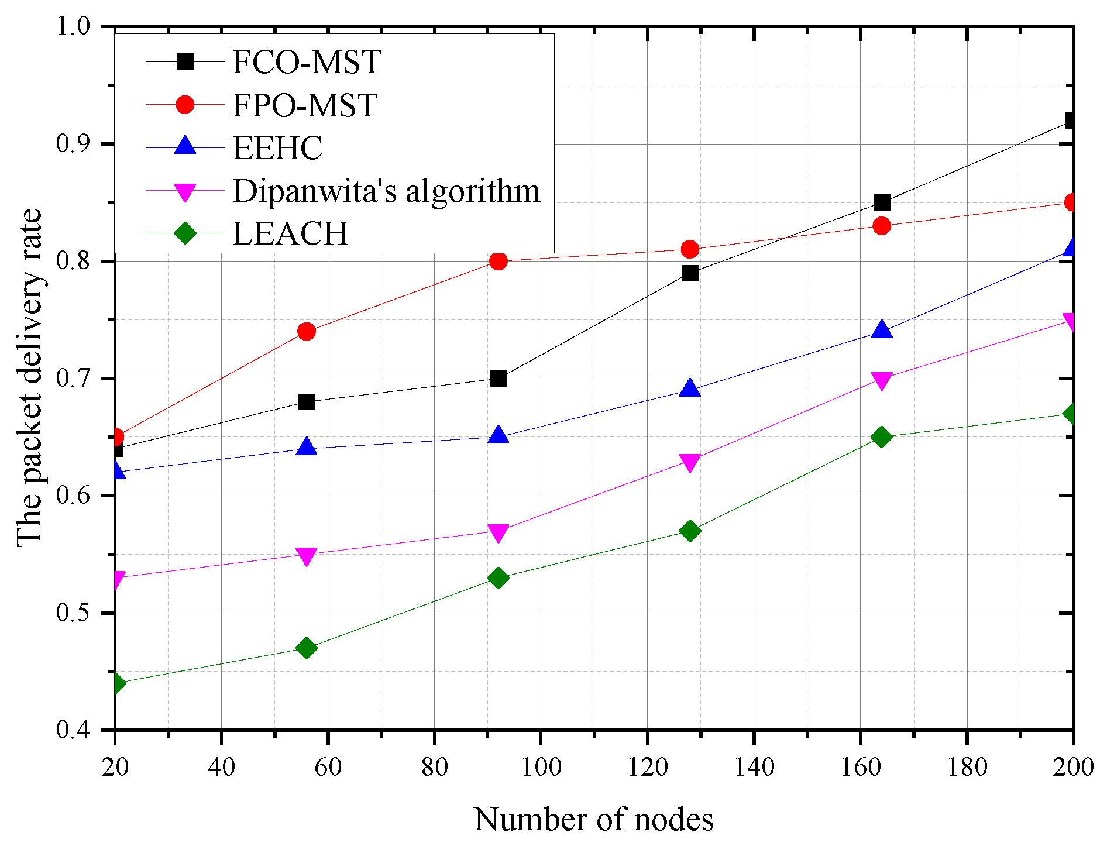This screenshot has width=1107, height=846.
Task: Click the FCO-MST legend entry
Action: pos(307,62)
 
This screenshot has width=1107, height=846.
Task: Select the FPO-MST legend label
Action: pos(304,105)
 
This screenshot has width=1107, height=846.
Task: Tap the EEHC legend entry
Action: pos(277,147)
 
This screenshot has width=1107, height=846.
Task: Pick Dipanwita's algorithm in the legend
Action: pos(386,191)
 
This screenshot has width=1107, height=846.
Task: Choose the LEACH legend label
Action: pos(290,233)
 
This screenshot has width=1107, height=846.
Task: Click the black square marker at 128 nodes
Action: pos(690,273)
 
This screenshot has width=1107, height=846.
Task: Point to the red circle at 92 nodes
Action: pos(499,261)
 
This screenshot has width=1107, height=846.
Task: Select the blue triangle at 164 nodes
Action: pos(882,331)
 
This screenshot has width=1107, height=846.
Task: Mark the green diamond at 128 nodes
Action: pos(690,531)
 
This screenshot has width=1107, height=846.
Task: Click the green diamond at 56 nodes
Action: pos(307,648)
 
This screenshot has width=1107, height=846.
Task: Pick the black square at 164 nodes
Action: pos(882,202)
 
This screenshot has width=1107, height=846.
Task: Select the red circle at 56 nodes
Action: pos(307,332)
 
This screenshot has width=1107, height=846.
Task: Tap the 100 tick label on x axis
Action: pos(541,767)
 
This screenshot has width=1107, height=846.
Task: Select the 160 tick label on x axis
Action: pos(860,767)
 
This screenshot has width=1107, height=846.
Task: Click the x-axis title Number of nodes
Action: pos(593,820)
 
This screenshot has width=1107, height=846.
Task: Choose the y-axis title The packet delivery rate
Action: pos(29,378)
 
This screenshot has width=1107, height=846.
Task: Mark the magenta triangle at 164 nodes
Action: pos(882,380)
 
